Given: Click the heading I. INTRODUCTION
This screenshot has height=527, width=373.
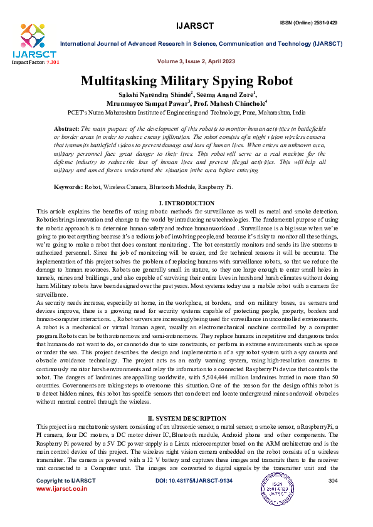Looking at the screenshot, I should click(x=186, y=204).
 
